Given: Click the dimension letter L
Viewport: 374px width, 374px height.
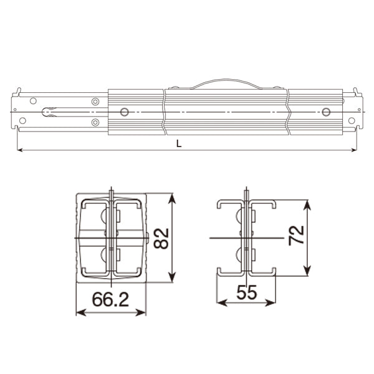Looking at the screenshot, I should point(179,143).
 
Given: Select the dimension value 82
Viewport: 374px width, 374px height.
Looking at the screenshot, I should point(161,238).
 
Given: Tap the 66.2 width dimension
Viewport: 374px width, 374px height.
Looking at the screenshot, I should point(110,300).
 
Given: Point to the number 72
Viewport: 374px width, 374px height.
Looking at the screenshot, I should point(296,235).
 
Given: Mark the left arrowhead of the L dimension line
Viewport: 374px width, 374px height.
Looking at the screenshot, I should point(19,150).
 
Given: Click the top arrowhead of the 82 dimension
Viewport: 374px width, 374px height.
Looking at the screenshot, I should point(173,197).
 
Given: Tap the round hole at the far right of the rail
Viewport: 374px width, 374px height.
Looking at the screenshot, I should point(326,112).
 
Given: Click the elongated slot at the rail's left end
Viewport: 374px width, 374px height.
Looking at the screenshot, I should point(50,112).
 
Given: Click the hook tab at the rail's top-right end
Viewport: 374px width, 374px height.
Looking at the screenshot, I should point(357,93).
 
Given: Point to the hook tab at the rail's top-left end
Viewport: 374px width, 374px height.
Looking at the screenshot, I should point(17,93).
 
